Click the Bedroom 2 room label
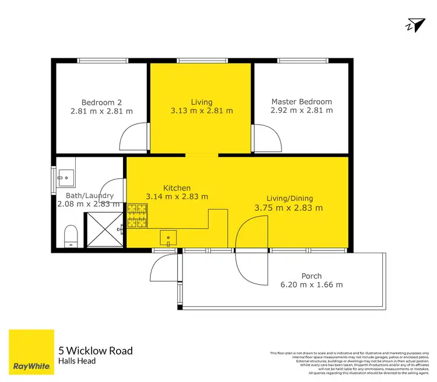101,101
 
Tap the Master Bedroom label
301,101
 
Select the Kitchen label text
177,188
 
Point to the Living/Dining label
288,198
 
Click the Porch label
311,276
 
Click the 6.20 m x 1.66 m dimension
311,285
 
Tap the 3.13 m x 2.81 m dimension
202,111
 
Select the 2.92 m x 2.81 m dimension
301,110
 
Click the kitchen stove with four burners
139,215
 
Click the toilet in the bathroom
71,235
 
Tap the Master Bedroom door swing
266,137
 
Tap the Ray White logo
31,353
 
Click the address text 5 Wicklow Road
96,351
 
